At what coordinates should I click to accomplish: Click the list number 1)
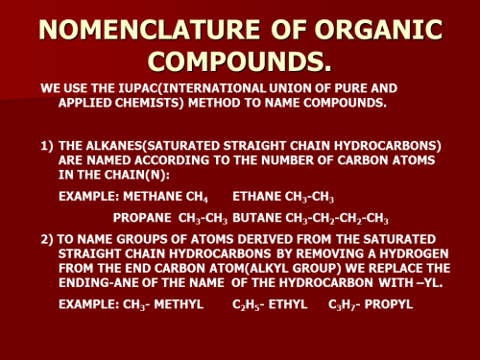click(47, 145)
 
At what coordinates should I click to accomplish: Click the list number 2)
click(47, 238)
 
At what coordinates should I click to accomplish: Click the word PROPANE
click(142, 218)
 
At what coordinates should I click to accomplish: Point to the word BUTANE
click(253, 218)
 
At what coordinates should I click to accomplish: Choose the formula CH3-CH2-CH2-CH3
click(336, 219)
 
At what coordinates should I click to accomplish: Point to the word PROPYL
click(390, 304)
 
